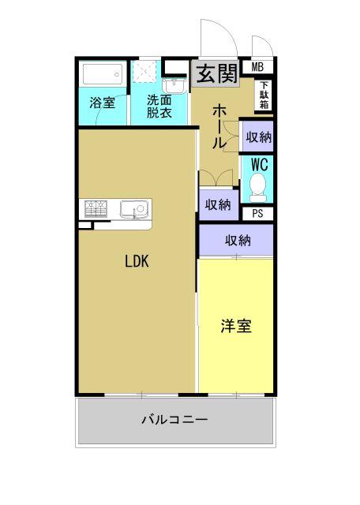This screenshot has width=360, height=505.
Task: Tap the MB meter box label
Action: (x=257, y=67)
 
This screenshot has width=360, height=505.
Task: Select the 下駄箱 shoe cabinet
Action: (x=263, y=95)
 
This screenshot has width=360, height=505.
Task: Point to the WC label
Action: (x=258, y=165)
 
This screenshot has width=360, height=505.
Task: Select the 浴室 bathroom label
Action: (x=102, y=103)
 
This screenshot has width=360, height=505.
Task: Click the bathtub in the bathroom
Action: (x=102, y=76)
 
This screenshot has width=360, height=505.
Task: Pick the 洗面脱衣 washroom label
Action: (x=159, y=106)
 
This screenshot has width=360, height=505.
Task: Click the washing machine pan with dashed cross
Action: (x=144, y=73)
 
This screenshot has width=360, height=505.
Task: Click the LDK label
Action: (x=137, y=262)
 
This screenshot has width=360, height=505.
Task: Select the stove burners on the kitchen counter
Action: (x=96, y=208)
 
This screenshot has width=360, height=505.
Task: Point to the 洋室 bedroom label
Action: (x=236, y=325)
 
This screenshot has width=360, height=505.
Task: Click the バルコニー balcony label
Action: (x=174, y=420)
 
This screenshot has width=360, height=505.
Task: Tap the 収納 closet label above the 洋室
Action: (x=237, y=241)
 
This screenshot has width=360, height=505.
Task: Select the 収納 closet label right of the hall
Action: (x=258, y=137)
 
